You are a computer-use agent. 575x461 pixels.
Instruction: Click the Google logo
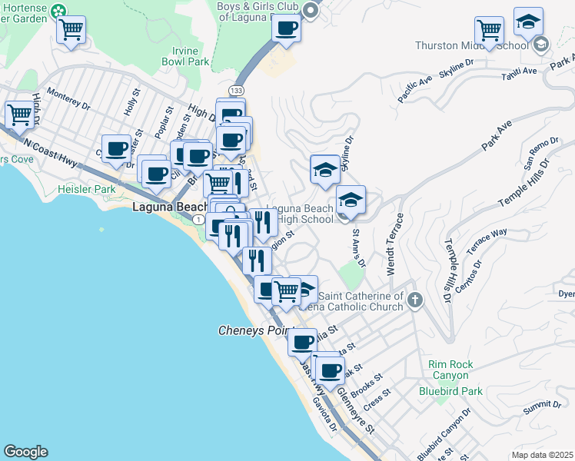point(25,452)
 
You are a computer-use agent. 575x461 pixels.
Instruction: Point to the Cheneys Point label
point(251,330)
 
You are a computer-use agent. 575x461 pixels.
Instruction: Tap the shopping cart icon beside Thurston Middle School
point(489,31)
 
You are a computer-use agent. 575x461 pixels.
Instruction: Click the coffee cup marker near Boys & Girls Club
point(287,28)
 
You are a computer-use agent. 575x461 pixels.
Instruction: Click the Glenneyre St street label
point(355,410)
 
